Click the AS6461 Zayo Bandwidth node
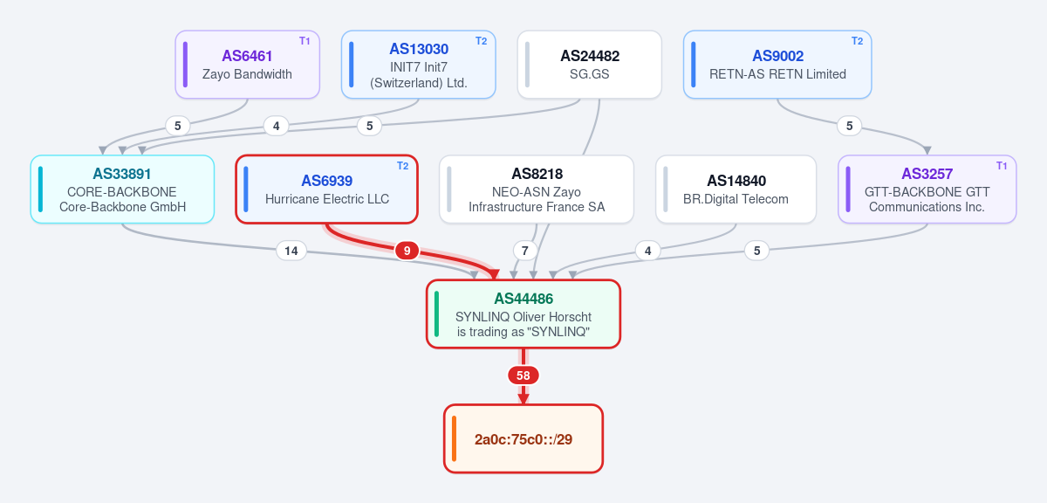coord(247,65)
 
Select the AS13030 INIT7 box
coord(418,65)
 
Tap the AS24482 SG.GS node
coord(590,65)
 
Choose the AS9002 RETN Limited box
coord(777,65)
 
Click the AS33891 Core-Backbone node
coord(122,189)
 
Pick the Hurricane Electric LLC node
coord(326,189)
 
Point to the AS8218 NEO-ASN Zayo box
coord(537,189)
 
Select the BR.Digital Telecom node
coord(736,189)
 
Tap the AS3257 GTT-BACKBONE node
coord(927,189)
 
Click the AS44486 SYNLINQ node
coord(523,314)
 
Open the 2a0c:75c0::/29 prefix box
coord(523,439)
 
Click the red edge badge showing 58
coord(523,376)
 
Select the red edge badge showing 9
coord(407,251)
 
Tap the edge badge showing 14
coord(291,251)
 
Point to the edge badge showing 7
coord(525,251)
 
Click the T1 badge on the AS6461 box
coord(305,41)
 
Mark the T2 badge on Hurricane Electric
coord(402,166)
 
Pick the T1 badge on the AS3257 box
coord(1002,166)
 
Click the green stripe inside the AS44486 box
coord(436,314)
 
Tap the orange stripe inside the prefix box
coord(454,439)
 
